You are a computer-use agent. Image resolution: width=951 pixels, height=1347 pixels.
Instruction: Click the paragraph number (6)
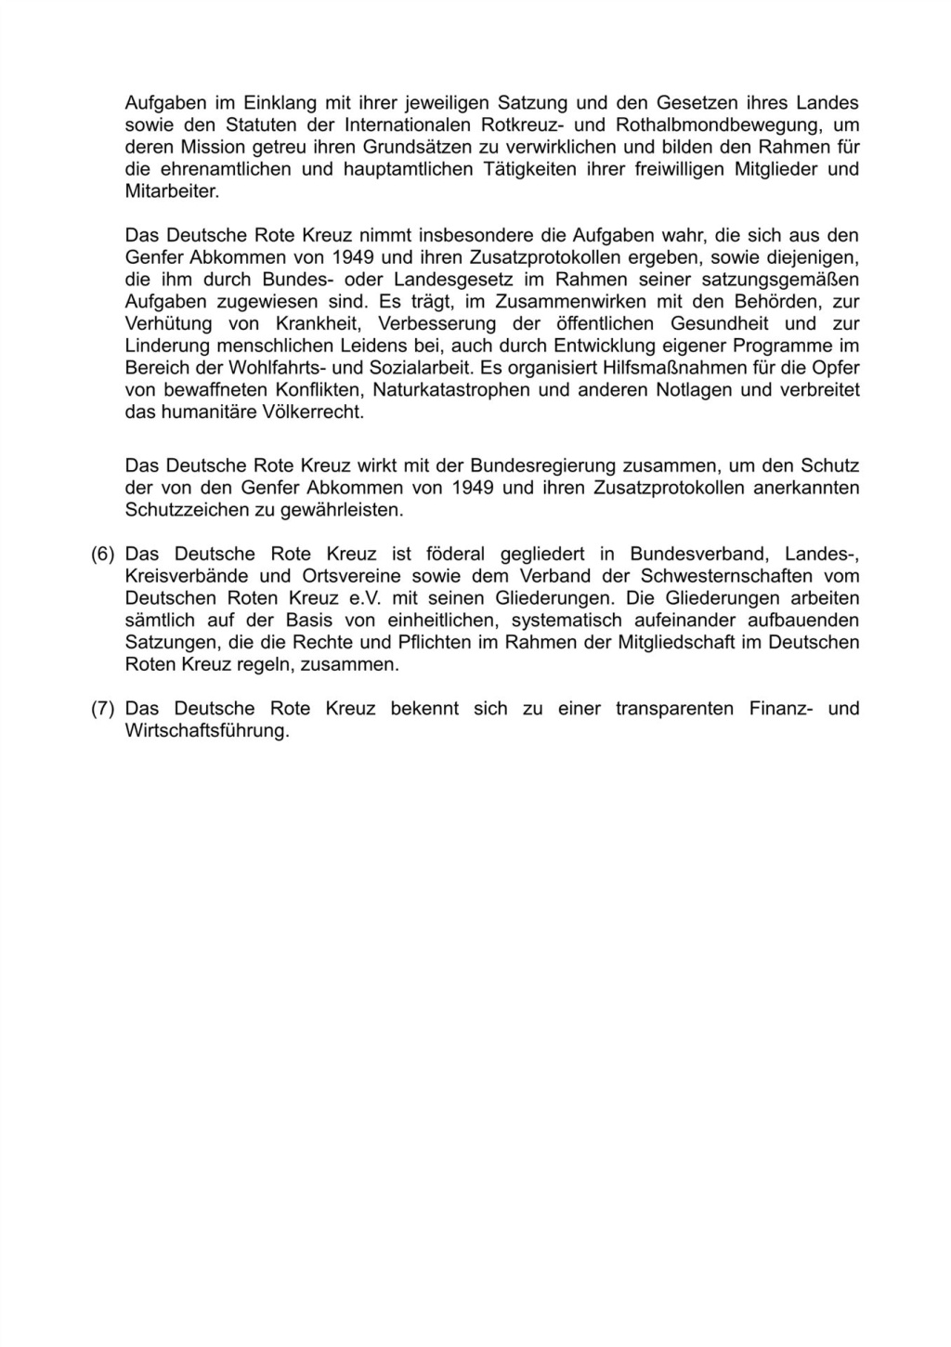(x=102, y=555)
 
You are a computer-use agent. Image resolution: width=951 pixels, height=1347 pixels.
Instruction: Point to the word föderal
(x=455, y=555)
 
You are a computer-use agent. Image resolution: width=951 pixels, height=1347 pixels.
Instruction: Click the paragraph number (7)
(x=102, y=709)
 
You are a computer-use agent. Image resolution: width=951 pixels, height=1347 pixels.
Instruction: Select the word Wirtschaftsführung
(x=206, y=731)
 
